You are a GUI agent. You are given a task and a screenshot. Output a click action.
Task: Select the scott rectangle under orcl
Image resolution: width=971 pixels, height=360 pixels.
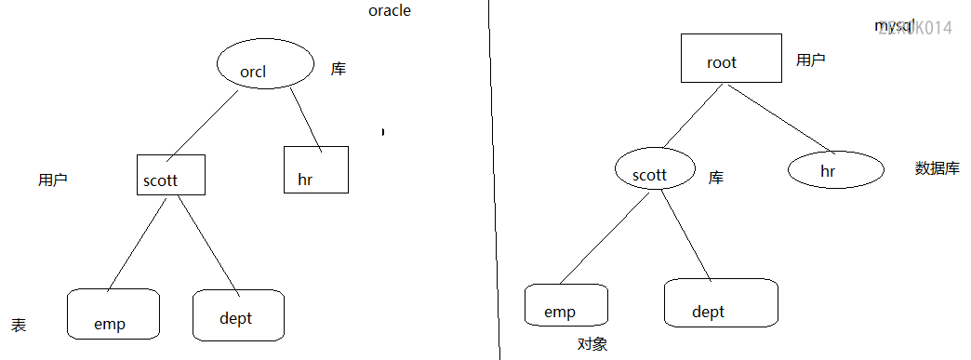(170, 174)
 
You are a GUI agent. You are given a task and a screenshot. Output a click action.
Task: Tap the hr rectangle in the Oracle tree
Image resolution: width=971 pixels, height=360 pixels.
(315, 169)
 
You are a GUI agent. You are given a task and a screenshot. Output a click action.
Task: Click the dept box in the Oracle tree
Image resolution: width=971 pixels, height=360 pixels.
(237, 315)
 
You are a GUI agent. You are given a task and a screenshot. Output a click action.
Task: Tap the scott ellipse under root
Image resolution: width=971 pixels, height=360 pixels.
(654, 169)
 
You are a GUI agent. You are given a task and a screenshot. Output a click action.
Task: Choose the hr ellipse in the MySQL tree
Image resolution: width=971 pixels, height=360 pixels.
(835, 169)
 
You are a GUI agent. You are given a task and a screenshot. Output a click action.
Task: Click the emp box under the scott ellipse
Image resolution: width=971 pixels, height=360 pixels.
(565, 305)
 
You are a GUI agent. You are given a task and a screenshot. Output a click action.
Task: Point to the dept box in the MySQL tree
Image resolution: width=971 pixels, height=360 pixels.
(720, 302)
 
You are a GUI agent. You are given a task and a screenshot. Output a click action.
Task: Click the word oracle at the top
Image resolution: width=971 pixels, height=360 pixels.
(390, 11)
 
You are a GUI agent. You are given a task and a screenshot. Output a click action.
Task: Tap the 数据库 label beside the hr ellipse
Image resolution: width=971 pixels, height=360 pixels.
(937, 168)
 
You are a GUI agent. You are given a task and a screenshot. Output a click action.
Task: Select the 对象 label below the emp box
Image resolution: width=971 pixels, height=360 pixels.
(592, 344)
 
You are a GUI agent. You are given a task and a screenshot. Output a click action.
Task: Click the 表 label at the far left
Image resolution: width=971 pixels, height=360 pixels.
(19, 325)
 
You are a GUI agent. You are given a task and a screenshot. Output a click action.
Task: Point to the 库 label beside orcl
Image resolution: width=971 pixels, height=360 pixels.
(339, 69)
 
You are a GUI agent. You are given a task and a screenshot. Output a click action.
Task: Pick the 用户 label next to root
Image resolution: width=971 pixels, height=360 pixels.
(810, 60)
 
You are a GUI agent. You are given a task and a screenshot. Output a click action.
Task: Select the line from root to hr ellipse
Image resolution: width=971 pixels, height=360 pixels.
(779, 118)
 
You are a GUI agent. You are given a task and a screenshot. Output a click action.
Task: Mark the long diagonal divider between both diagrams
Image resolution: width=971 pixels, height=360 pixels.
(494, 186)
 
